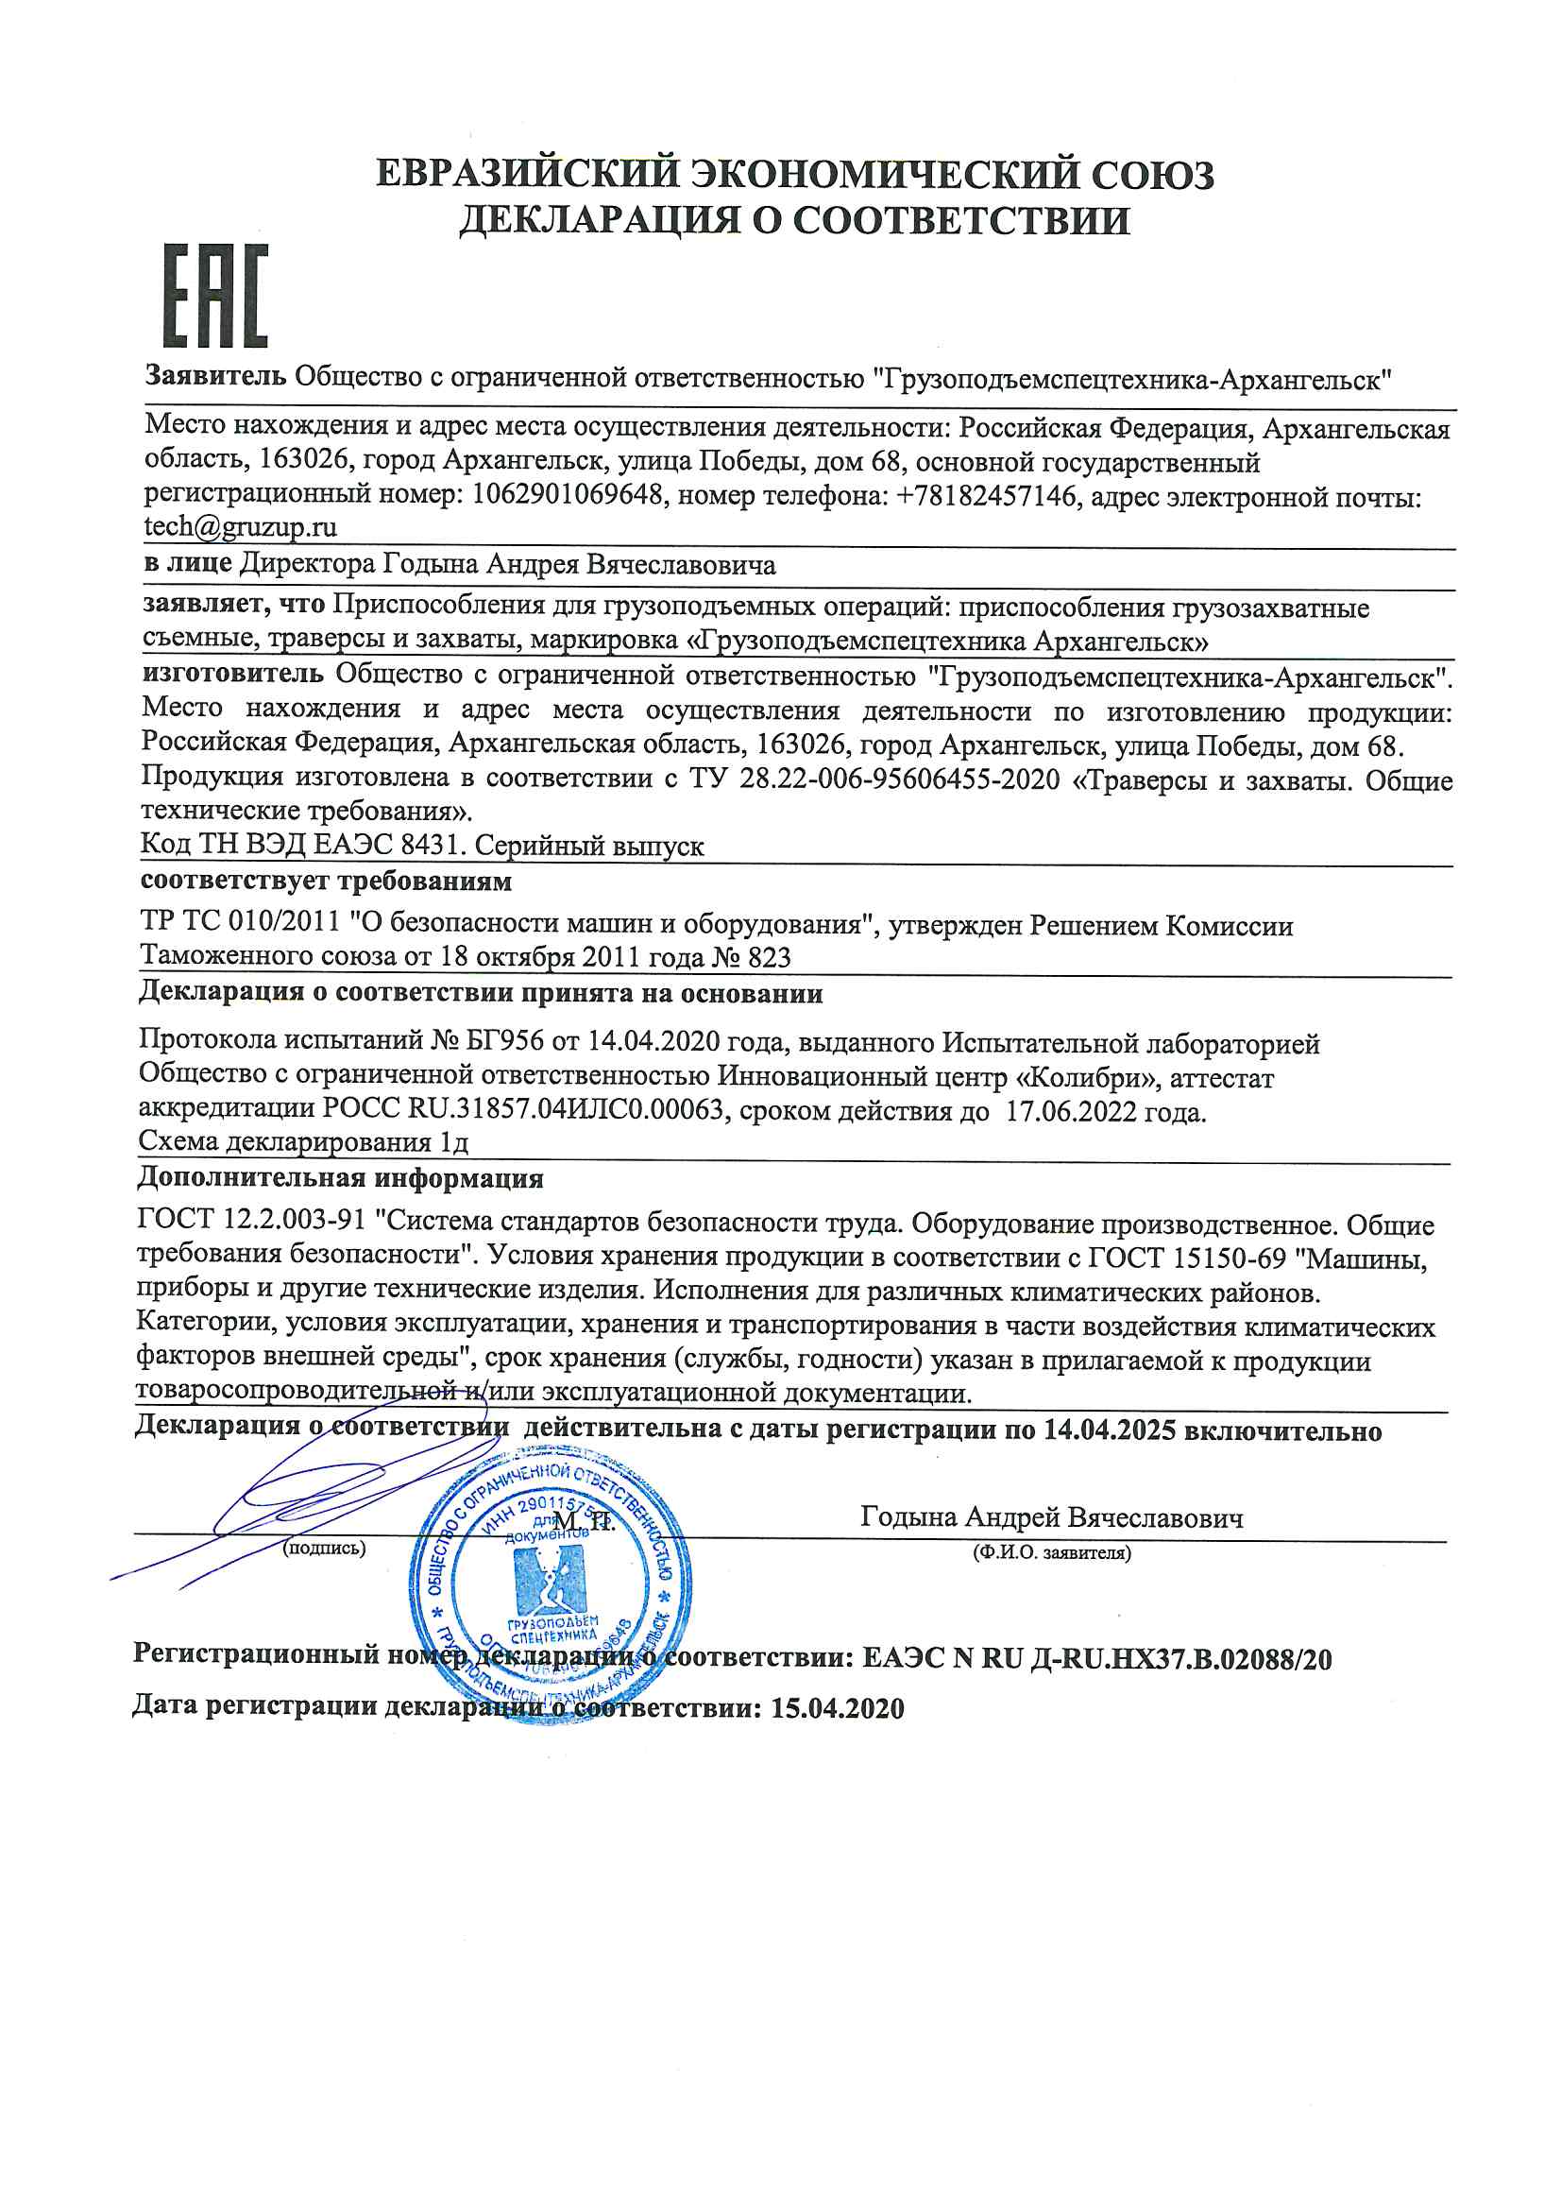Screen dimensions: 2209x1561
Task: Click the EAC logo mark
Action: [x=214, y=296]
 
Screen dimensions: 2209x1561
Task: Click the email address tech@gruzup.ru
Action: [x=241, y=527]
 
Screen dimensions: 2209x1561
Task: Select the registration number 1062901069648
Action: [x=568, y=495]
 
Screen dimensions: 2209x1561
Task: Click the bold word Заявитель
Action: [x=215, y=375]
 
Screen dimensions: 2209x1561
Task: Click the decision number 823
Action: [x=769, y=956]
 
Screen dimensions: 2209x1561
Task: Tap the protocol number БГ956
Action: [x=506, y=1040]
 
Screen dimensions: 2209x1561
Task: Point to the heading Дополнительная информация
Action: [x=341, y=1177]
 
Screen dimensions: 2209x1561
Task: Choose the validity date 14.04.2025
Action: [x=1109, y=1430]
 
